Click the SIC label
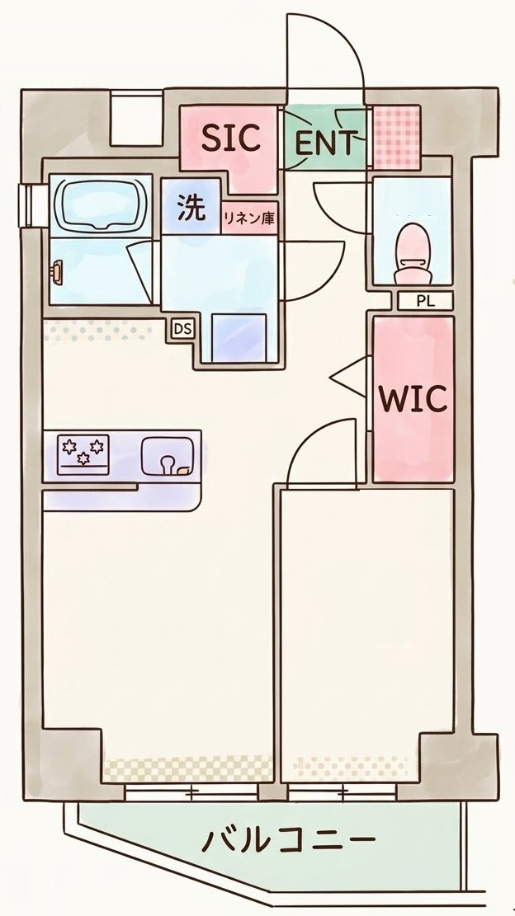tap(231, 139)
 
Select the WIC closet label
tap(413, 398)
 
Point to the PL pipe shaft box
tap(425, 302)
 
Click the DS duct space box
tap(183, 329)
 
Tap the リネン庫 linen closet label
tap(248, 218)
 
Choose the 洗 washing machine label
tap(192, 209)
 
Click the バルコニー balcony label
tap(287, 842)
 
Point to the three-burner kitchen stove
tap(83, 453)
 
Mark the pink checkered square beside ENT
tap(397, 137)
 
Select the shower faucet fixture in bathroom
tap(56, 274)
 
